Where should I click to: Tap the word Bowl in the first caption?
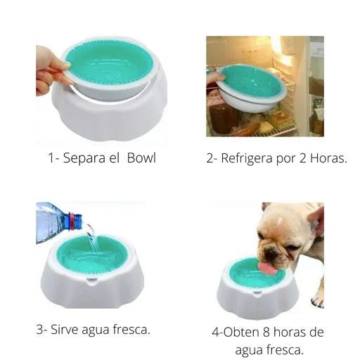pos(141,157)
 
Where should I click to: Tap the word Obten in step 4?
pos(244,332)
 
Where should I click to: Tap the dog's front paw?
pos(317,298)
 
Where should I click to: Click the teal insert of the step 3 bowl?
pos(91,255)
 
